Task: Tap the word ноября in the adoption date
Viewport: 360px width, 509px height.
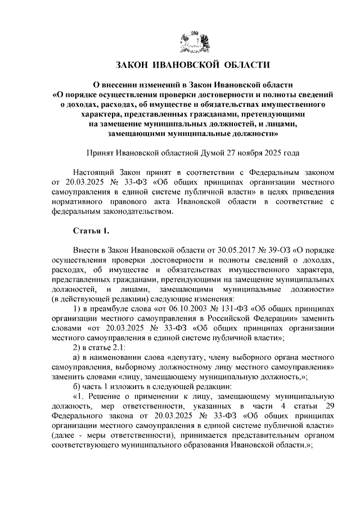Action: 249,152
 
